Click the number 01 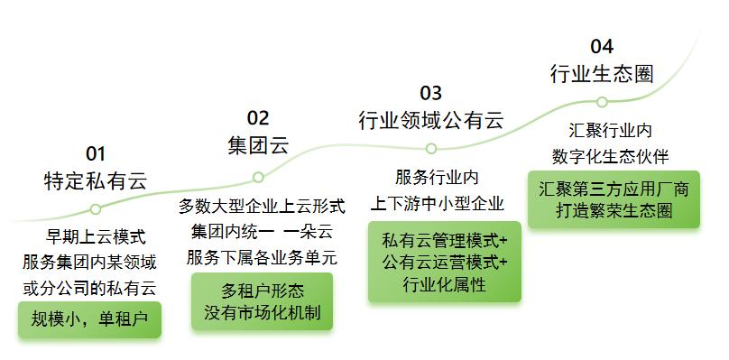[96, 154]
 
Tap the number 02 [258, 118]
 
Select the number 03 [430, 93]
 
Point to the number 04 [602, 47]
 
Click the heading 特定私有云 [96, 181]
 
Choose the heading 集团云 [258, 145]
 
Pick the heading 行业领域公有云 [431, 121]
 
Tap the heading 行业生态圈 [602, 74]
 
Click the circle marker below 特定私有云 [96, 209]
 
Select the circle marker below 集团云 [259, 177]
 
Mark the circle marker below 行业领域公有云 [431, 148]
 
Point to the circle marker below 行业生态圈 [602, 102]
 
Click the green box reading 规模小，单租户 [89, 319]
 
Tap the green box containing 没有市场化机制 [263, 301]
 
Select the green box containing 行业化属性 [445, 262]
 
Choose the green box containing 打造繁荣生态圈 [614, 199]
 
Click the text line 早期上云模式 [96, 237]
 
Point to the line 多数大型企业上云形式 [263, 207]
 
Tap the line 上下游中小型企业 [437, 204]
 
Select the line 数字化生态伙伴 [611, 157]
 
